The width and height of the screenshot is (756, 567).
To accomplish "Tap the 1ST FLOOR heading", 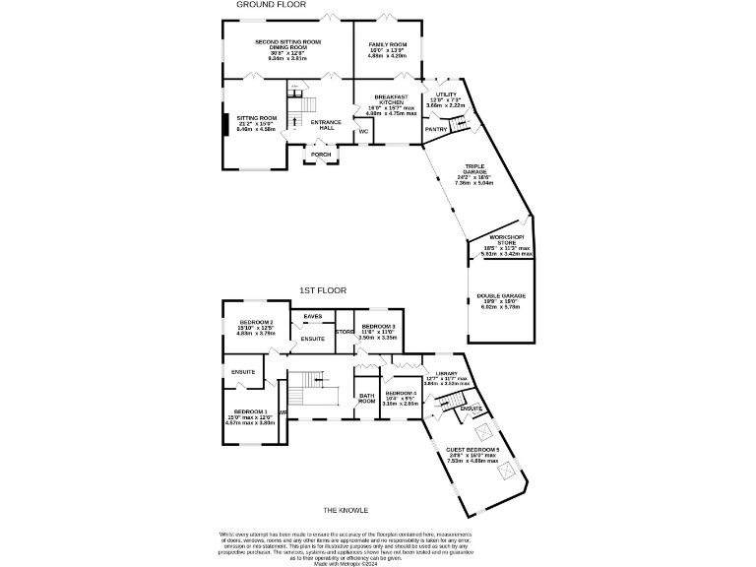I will click(324, 290).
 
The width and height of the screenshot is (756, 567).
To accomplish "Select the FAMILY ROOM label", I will click(388, 45).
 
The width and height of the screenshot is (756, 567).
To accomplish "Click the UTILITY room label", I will click(446, 94).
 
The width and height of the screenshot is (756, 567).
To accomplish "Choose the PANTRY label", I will click(436, 129).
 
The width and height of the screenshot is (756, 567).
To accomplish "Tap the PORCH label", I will click(321, 155).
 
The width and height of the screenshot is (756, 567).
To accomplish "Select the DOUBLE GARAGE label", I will click(501, 295).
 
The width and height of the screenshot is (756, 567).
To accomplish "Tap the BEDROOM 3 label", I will click(378, 327).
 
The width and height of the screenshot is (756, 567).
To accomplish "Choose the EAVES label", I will click(313, 316).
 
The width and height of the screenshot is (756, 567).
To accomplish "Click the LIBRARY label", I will click(446, 374).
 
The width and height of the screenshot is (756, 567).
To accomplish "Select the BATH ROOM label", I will click(366, 399).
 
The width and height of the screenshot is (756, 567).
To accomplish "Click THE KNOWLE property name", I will click(346, 510).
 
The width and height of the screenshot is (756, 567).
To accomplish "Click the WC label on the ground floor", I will click(363, 131).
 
